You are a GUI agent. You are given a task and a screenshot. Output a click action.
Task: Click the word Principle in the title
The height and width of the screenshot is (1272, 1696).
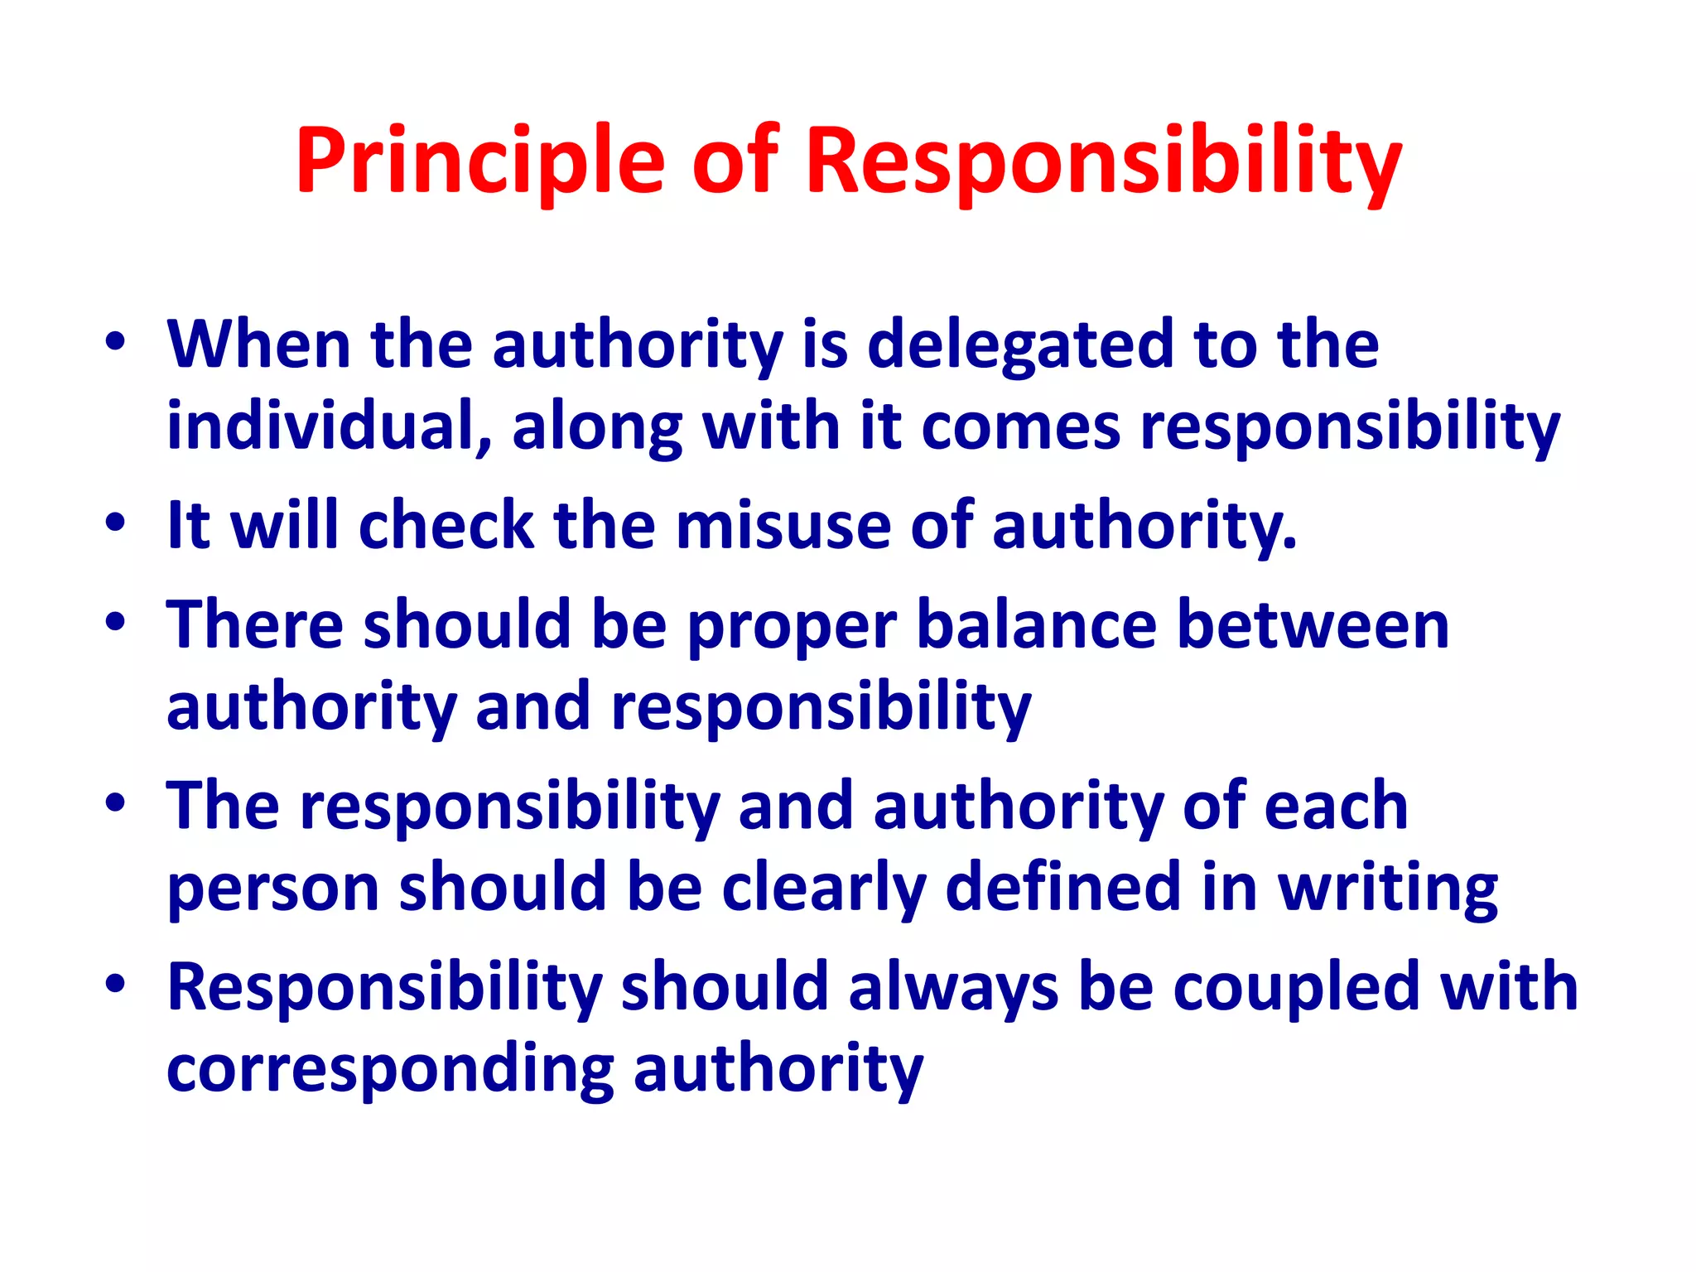[x=479, y=161]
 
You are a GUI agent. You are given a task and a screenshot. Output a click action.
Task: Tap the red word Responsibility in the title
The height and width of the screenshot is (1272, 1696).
[x=1104, y=161]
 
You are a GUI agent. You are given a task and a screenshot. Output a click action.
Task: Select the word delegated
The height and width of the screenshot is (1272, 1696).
[x=1019, y=344]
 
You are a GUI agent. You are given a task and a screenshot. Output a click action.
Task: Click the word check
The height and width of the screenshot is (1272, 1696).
[x=446, y=526]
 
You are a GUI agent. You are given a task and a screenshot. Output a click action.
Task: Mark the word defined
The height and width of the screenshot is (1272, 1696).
[x=1063, y=887]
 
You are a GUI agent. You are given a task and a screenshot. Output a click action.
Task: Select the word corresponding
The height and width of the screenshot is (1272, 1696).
[x=390, y=1070]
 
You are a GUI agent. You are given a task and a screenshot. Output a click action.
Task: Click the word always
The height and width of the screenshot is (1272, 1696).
[x=953, y=989]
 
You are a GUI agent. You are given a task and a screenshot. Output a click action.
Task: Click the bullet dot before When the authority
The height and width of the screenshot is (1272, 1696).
[x=115, y=341]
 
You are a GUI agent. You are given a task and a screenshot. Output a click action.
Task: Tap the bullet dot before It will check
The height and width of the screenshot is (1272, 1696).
[x=115, y=523]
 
